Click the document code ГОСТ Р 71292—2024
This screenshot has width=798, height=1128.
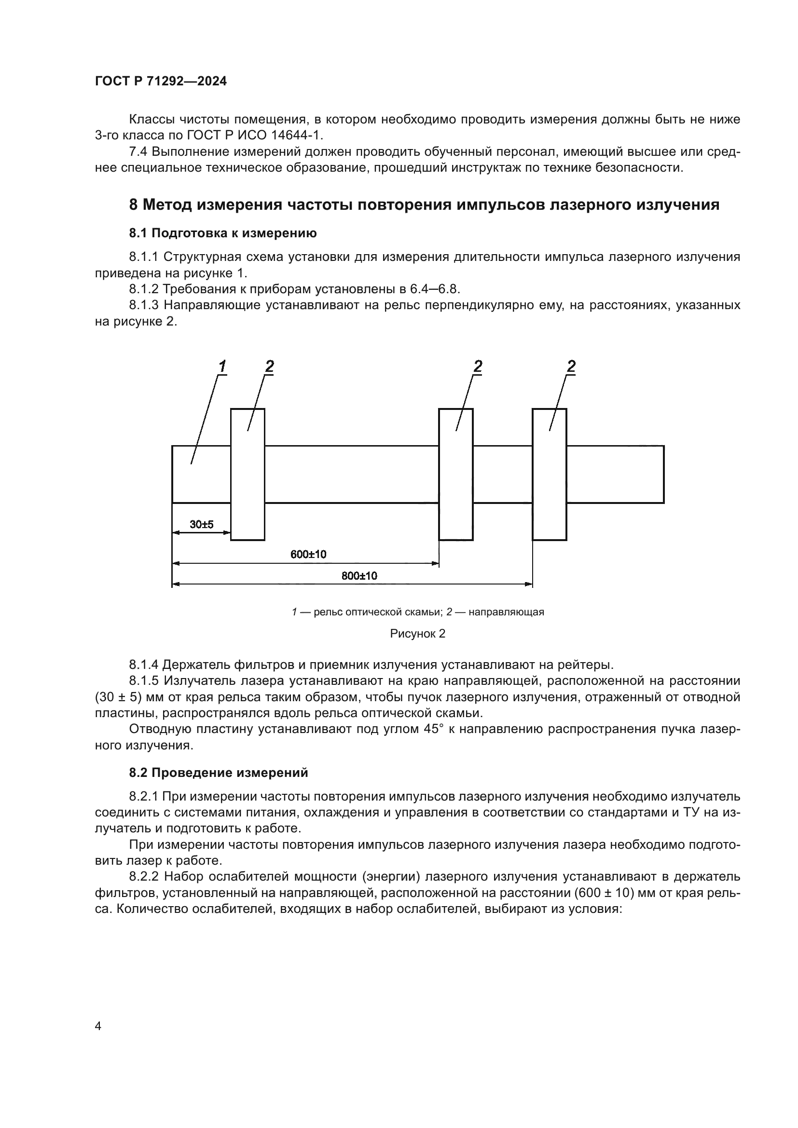(161, 82)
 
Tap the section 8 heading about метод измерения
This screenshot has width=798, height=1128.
(424, 204)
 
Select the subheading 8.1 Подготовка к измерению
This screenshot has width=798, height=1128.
(222, 233)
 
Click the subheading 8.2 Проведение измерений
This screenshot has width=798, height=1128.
(218, 773)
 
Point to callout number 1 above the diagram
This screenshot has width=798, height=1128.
(222, 366)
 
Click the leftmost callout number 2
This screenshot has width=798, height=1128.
(269, 366)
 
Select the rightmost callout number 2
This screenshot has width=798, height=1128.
(571, 366)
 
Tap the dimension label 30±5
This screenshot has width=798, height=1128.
(202, 525)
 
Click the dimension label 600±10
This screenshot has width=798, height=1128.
(308, 555)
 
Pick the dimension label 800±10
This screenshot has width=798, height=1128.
(359, 576)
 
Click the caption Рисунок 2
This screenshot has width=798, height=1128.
(417, 634)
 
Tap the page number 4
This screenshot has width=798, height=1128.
(98, 1026)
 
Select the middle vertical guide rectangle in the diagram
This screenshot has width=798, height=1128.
(455, 474)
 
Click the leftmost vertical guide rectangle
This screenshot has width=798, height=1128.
(248, 474)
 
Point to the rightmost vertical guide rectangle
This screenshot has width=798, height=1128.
(550, 474)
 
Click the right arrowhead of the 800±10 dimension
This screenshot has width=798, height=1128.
(528, 584)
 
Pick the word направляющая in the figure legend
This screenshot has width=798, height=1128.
(506, 612)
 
